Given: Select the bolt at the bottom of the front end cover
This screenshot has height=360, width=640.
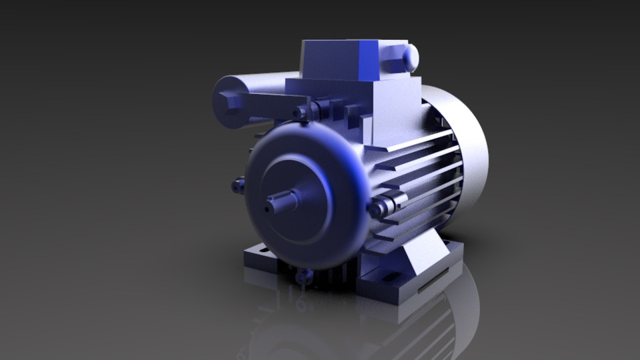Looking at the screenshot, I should pos(305,275).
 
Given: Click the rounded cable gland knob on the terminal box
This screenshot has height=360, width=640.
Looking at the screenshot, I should pos(408,57).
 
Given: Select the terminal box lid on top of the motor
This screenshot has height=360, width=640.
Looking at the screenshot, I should pos(340,59).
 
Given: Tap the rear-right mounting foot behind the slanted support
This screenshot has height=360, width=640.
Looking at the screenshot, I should pos(448,251).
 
